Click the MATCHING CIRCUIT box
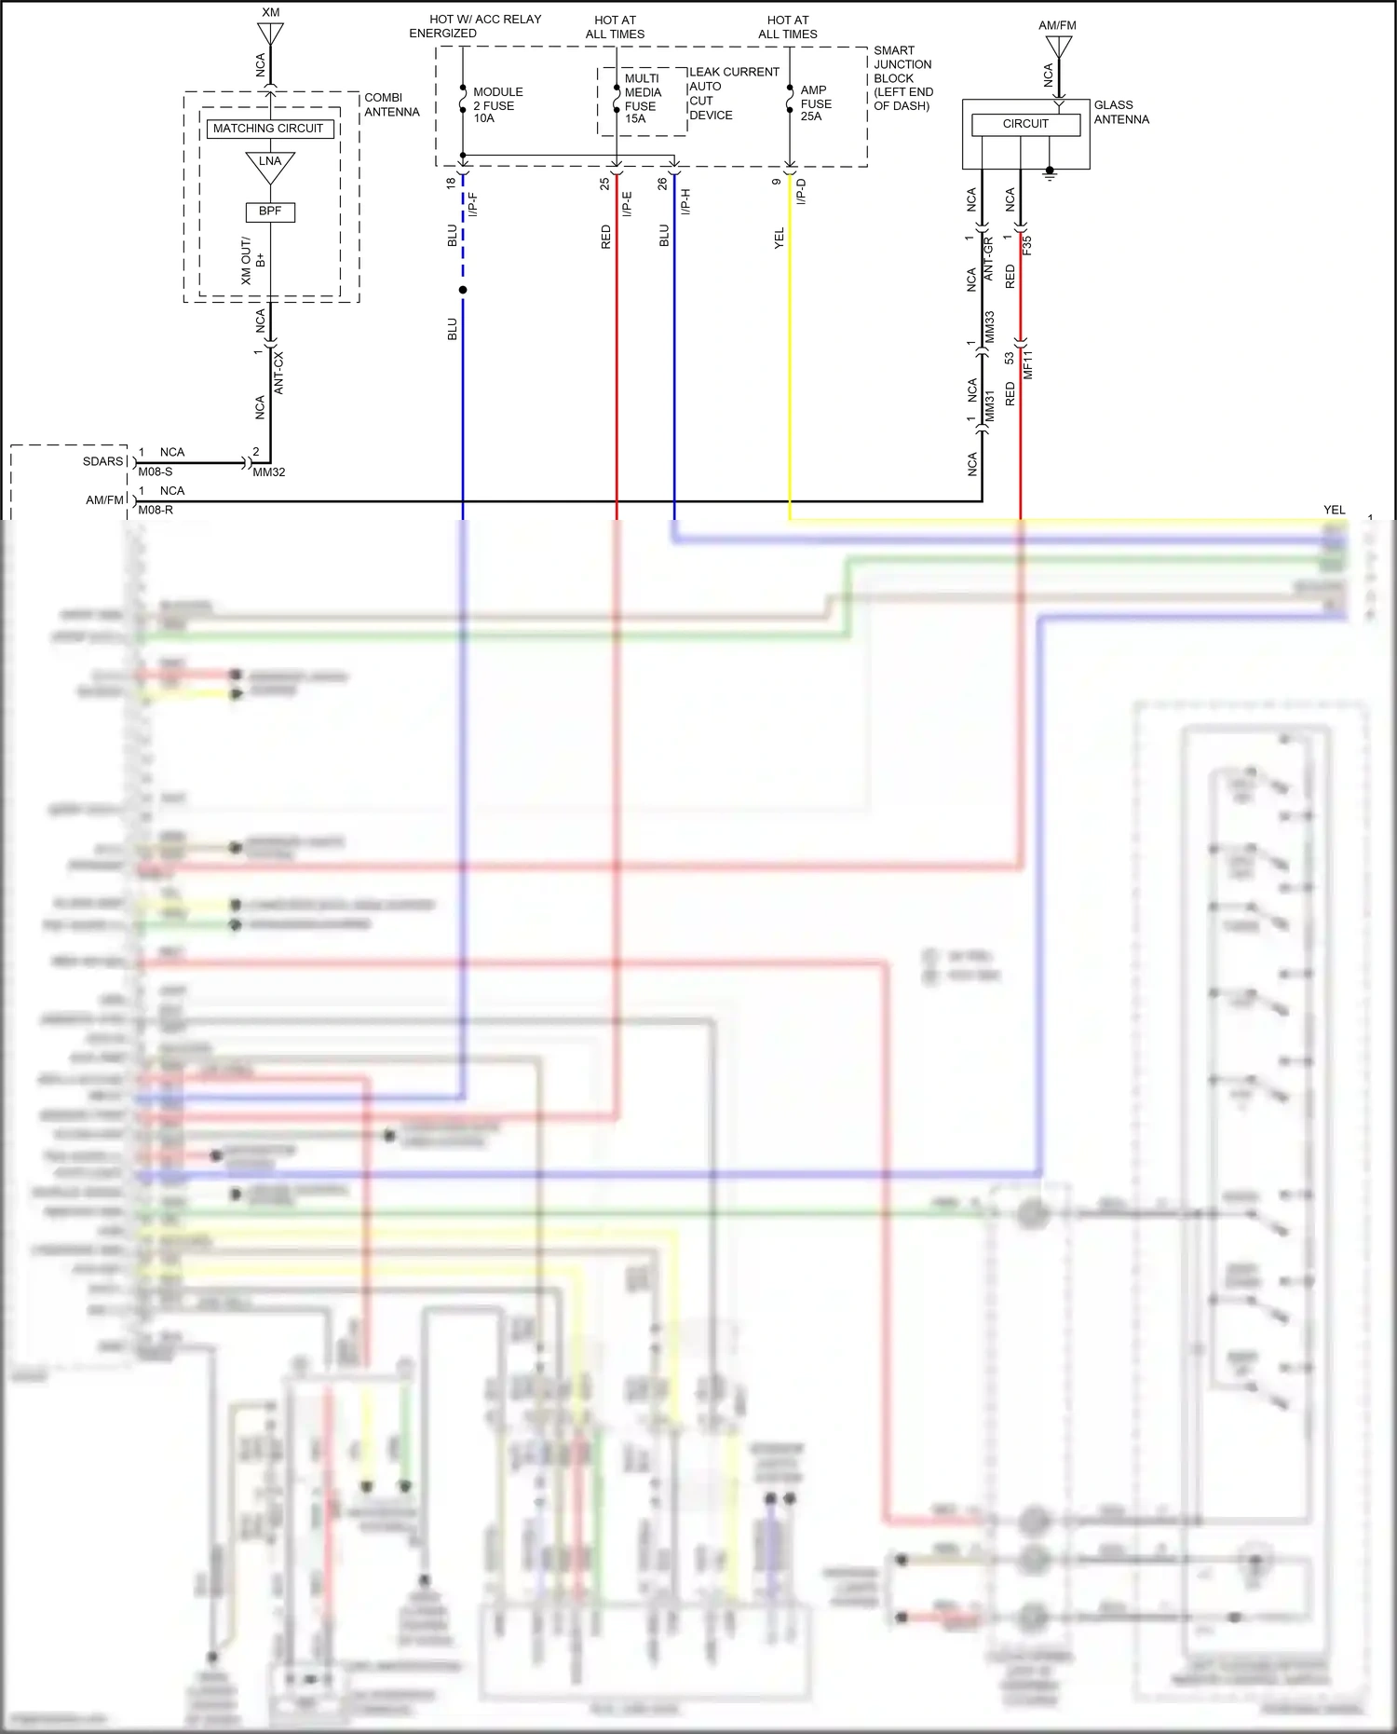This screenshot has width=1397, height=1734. click(269, 129)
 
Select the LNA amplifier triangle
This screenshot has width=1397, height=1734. click(270, 165)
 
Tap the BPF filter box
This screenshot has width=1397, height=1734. click(270, 212)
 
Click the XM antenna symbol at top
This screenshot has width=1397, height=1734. click(270, 33)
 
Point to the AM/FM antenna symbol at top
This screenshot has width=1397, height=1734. click(1058, 46)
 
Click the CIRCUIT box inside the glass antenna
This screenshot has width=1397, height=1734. click(1025, 124)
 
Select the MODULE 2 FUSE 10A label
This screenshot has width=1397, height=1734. click(497, 105)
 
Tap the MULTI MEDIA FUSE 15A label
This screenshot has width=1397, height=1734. click(642, 99)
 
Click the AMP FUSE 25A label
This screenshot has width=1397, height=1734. click(815, 103)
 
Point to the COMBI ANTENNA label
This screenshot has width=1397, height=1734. click(391, 104)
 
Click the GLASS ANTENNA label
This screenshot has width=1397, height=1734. click(1121, 112)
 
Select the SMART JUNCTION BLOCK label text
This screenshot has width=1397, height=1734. click(902, 78)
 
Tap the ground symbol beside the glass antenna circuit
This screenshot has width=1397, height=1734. click(1050, 173)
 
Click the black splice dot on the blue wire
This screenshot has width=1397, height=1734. click(463, 290)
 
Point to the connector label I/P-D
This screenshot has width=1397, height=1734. click(801, 192)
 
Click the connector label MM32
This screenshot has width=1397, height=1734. click(269, 472)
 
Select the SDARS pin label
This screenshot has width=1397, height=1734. click(102, 461)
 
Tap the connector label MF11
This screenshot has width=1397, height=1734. click(1028, 364)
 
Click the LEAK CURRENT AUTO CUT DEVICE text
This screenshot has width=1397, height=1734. click(732, 93)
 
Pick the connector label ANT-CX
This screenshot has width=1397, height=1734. click(278, 373)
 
